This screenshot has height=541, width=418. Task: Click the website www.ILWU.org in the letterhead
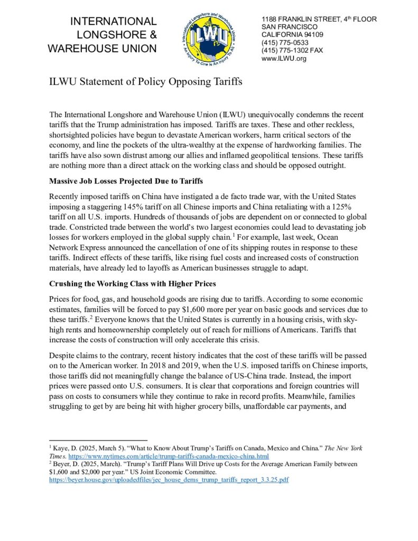point(284,59)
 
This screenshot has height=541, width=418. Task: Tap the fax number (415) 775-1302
point(285,51)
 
